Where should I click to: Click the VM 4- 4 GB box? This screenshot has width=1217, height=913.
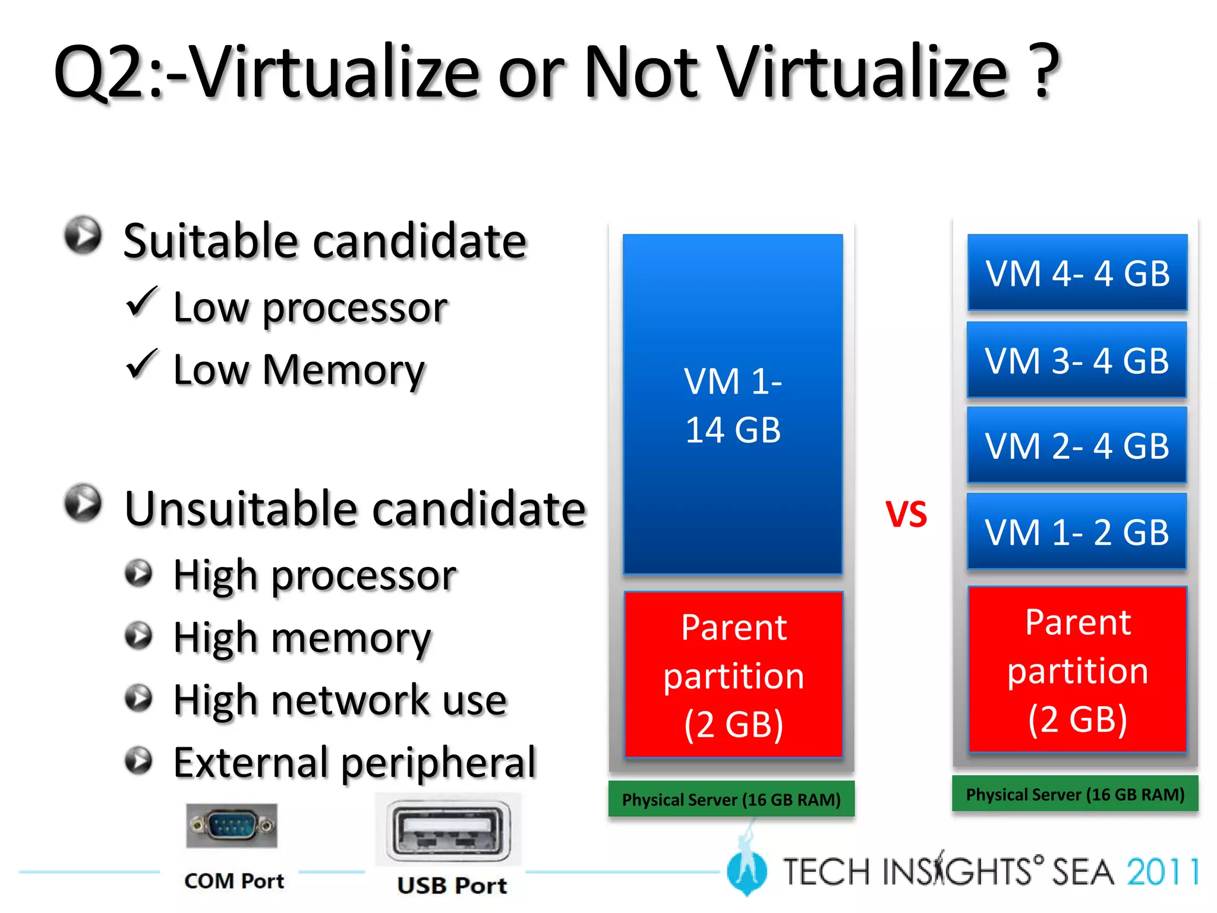click(1077, 273)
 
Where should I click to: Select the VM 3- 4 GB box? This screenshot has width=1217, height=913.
click(1077, 360)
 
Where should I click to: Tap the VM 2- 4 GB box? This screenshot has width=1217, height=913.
click(1077, 445)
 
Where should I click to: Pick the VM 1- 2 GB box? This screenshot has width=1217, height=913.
click(1077, 531)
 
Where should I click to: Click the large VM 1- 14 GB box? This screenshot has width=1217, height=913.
click(733, 404)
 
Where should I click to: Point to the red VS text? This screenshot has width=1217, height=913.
click(906, 514)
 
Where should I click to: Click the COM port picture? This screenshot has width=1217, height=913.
click(232, 826)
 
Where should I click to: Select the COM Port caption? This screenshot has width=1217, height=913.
click(234, 881)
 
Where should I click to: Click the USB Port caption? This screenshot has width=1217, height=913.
click(452, 886)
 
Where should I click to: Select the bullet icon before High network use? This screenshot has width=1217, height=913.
click(139, 698)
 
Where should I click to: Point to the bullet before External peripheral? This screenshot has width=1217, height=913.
click(139, 760)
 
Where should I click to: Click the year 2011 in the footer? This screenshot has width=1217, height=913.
click(1162, 872)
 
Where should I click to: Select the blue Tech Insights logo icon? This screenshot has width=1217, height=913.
click(746, 869)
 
